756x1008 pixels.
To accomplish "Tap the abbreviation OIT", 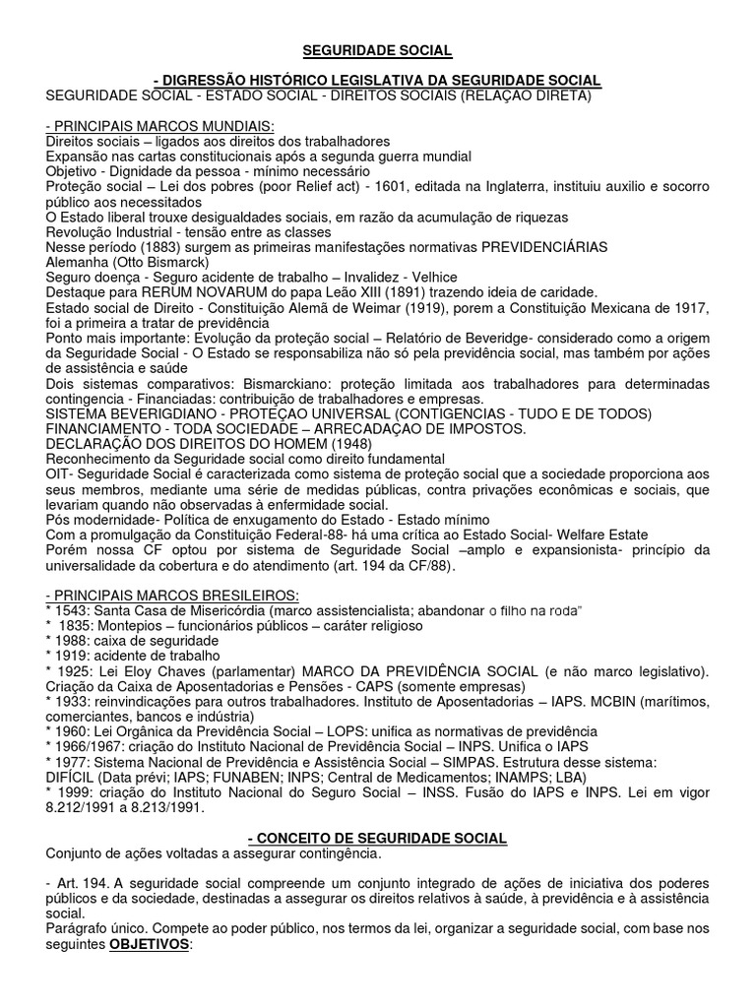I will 59,474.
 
